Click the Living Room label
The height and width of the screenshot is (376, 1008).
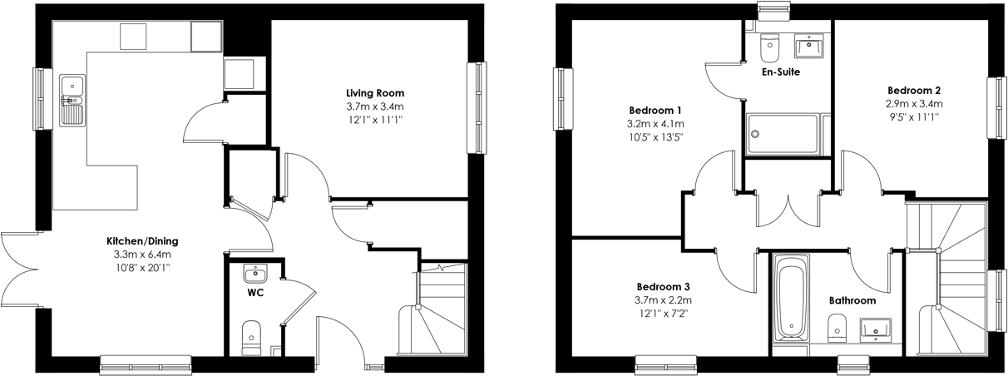375,93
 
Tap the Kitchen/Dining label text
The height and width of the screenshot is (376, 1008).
142,241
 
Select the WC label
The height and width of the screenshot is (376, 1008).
255,293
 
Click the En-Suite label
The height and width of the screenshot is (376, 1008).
781,72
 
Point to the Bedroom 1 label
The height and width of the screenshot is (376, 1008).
655,111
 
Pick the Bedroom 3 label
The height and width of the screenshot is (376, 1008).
663,287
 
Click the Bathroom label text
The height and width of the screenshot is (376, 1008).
852,300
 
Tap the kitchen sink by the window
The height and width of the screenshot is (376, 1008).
72,100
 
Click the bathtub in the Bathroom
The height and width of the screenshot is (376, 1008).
791,303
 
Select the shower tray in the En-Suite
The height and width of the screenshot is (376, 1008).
782,134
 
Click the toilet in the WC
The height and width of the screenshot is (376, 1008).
251,338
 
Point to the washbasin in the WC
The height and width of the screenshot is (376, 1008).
255,273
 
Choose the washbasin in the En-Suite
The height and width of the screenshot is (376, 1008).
808,46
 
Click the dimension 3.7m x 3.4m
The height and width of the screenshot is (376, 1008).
375,106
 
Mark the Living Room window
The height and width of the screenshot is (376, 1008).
477,107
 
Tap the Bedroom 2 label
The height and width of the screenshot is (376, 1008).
914,90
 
